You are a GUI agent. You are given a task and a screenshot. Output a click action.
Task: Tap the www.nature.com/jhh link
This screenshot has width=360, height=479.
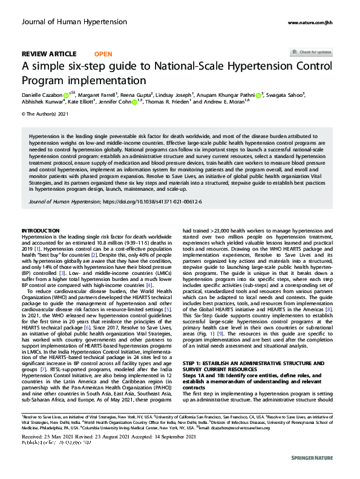click(x=314, y=23)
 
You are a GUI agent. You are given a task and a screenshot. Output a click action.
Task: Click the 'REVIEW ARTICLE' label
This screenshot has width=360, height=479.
click(x=49, y=54)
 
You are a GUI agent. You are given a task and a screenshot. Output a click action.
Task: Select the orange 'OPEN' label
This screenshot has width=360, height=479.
click(x=103, y=54)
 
